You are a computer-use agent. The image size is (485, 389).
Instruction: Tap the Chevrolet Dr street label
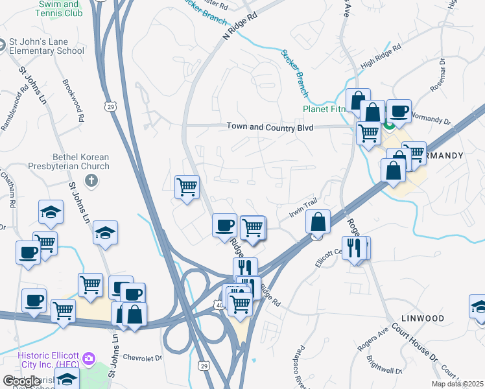tap(141, 357)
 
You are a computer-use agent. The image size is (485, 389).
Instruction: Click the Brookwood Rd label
tap(74, 100)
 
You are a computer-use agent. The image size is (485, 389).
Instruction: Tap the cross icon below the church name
tap(91, 180)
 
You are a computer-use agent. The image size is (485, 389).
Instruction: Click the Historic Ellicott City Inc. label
tap(48, 359)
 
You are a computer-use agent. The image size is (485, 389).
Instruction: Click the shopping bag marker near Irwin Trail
tap(318, 222)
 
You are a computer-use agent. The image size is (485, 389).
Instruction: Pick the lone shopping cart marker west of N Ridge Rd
tap(187, 187)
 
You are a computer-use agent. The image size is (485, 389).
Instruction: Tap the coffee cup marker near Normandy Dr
tap(399, 111)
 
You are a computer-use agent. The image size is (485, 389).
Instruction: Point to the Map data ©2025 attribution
tap(457, 384)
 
